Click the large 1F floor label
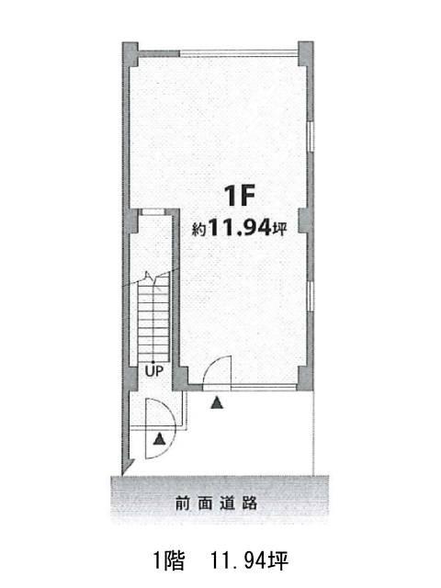240,196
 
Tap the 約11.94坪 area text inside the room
239,228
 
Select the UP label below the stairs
154,371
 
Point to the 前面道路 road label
217,503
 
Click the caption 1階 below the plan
169,561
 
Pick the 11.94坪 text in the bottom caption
249,561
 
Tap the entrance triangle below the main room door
217,403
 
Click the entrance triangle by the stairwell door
160,439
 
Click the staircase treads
153,318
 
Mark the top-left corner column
130,54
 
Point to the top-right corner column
306,53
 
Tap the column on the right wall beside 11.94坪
305,220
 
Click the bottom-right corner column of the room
305,378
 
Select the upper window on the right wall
311,136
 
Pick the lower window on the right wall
311,296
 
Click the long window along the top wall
239,53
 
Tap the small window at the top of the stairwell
153,212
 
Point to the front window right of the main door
265,388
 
